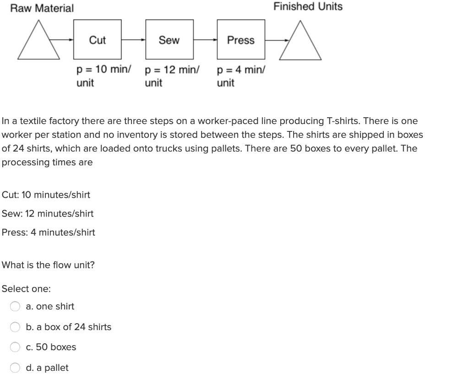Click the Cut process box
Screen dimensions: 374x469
tap(97, 40)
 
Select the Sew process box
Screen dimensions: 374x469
tap(169, 40)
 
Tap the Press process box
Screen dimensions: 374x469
tap(240, 40)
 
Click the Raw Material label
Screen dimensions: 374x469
tap(42, 8)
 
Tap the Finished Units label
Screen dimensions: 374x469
tap(308, 6)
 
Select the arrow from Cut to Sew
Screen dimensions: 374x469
tap(133, 40)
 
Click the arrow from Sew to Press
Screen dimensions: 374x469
tap(205, 40)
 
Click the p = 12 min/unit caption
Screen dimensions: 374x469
tap(172, 76)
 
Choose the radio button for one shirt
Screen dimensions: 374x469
tap(16, 307)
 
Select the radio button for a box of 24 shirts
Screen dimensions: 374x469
tap(16, 327)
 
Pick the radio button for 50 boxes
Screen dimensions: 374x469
tap(16, 347)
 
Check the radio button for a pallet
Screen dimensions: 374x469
tap(16, 368)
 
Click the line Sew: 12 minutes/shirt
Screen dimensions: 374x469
tap(48, 213)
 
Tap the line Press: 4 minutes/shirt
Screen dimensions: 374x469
tap(49, 232)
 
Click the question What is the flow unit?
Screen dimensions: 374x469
tap(48, 265)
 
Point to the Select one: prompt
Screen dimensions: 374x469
tap(26, 289)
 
